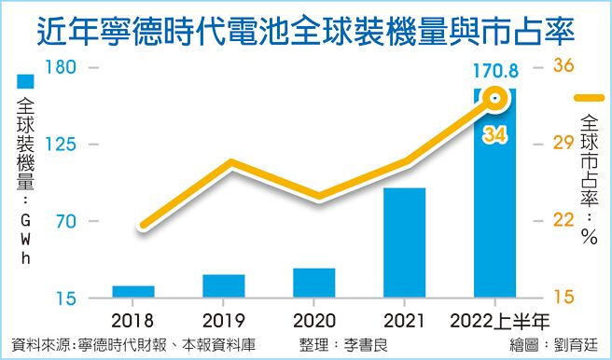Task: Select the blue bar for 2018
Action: coord(133,292)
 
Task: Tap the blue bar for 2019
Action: coord(223,286)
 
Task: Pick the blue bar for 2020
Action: coord(313,283)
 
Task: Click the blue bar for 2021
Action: coord(404,242)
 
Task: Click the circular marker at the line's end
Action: coord(495,98)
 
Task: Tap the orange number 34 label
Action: coord(494,135)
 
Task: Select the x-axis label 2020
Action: coord(313,322)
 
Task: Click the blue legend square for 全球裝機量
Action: coord(25,83)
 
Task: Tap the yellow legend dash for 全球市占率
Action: coord(590,98)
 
